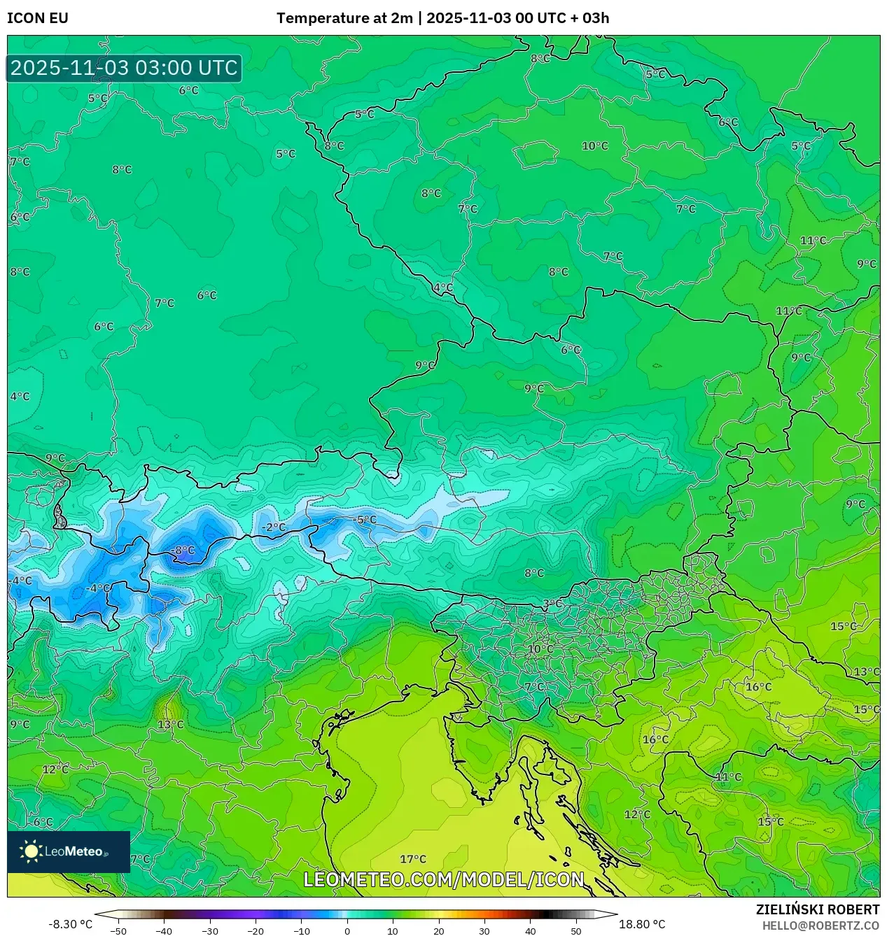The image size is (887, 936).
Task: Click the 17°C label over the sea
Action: click(413, 859)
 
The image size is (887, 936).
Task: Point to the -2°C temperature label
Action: click(273, 527)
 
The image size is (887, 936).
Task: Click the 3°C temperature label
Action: click(552, 604)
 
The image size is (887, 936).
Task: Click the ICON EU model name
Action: click(38, 18)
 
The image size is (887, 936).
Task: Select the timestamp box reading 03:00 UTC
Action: click(124, 68)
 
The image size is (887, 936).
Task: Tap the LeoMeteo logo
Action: click(69, 851)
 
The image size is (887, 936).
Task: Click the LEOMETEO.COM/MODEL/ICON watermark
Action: click(444, 879)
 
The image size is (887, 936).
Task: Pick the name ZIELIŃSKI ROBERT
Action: click(817, 909)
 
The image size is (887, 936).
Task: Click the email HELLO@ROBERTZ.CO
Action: click(820, 926)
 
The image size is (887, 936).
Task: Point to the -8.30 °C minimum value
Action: click(70, 924)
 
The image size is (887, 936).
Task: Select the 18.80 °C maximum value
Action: click(642, 924)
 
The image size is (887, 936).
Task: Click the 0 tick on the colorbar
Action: click(347, 931)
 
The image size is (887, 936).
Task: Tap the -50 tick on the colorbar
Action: click(118, 931)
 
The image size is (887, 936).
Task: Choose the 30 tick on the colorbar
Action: click(484, 931)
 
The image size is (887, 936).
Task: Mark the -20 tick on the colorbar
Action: click(256, 931)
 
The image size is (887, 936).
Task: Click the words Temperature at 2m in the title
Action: click(344, 18)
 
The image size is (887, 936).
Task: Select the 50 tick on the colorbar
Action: click(576, 931)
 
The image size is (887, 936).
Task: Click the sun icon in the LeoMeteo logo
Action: click(31, 851)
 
